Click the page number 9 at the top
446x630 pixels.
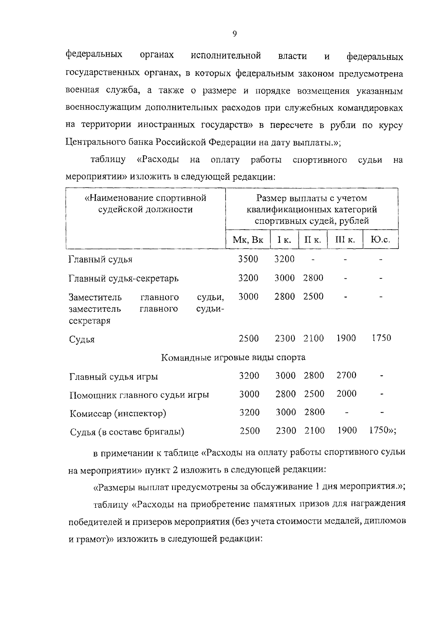235,34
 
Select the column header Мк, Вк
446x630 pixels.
248,240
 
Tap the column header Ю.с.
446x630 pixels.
380,240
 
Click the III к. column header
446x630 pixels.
345,240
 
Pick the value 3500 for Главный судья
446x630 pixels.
248,259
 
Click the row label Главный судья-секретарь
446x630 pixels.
123,278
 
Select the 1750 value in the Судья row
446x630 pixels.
381,338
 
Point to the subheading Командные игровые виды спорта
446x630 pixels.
233,358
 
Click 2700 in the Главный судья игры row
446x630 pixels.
346,375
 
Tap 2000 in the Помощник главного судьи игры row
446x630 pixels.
346,394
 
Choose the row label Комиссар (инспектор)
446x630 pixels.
118,413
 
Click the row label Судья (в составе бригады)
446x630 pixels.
127,432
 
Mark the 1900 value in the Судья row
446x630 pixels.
346,338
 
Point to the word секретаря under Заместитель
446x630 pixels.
90,321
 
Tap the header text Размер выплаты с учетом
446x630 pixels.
311,198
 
